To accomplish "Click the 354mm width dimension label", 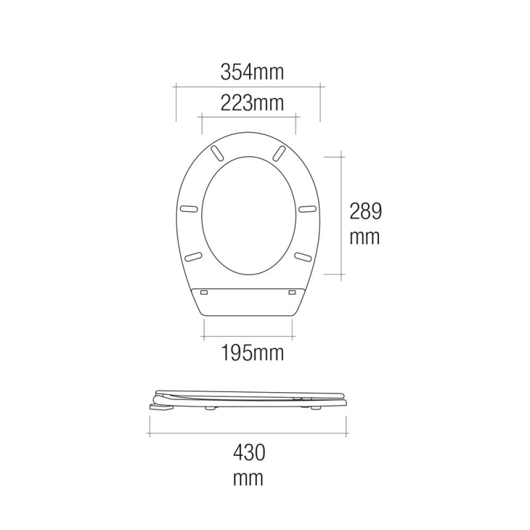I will tap(251, 73).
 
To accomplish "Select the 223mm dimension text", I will tap(251, 103).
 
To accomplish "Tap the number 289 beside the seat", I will tap(366, 211).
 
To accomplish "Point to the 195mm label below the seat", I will tap(251, 353).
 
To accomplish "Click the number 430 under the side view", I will tap(248, 453).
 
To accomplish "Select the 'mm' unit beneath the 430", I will tap(248, 478).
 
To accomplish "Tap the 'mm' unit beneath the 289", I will tap(366, 237).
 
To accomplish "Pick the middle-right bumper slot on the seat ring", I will tap(307, 209).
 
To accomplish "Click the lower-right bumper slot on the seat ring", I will tap(303, 256).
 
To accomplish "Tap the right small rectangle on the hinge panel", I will tap(293, 291).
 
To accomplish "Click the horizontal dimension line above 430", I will tap(248, 435).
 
